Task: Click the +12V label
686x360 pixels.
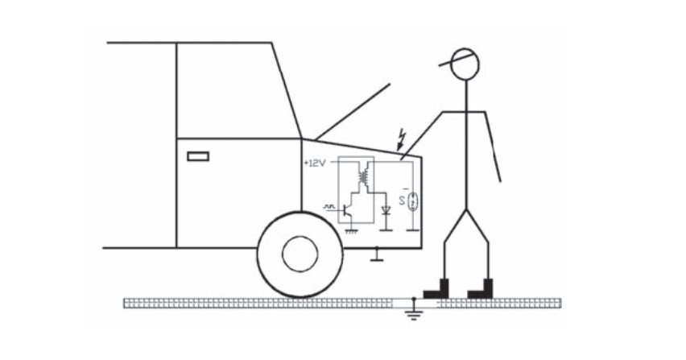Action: click(315, 163)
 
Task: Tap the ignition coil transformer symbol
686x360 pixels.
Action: click(364, 175)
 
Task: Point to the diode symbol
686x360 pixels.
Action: click(386, 210)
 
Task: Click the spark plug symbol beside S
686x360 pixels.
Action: click(412, 201)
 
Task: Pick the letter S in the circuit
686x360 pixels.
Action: click(402, 201)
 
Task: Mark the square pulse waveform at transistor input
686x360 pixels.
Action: click(329, 205)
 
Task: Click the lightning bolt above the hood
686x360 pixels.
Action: click(400, 139)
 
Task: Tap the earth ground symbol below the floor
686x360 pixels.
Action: click(413, 314)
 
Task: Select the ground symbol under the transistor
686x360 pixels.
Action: click(352, 231)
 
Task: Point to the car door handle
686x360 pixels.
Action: click(198, 156)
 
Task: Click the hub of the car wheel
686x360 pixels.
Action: click(300, 254)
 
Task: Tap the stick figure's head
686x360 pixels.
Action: click(465, 64)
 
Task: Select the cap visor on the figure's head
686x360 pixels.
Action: click(451, 60)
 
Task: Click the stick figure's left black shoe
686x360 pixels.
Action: click(436, 289)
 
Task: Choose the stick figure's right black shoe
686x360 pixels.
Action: click(480, 289)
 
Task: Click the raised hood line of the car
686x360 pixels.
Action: click(352, 112)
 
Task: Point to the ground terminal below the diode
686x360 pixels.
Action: click(386, 230)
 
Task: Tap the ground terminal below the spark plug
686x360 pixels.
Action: click(412, 230)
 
